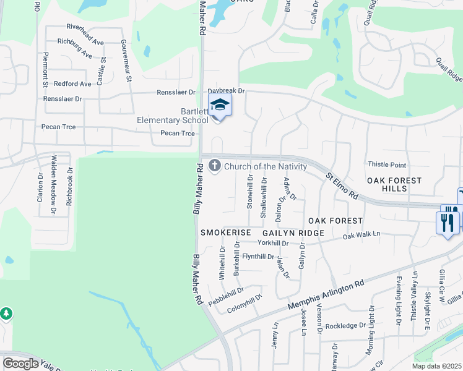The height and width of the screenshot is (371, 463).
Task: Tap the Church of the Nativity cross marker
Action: pos(215,165)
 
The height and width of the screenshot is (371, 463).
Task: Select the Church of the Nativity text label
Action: pos(266,166)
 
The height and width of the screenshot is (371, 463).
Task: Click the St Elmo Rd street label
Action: pos(342,185)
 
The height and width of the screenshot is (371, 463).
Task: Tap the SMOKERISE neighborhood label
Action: pos(225,232)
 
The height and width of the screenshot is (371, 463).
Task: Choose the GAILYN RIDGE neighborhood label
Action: pos(293,232)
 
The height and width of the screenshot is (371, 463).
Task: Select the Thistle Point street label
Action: pos(387,164)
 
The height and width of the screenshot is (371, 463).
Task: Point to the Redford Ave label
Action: pos(72,83)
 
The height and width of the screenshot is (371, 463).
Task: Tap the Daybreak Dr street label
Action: pos(227,91)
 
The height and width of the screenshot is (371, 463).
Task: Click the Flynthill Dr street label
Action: pos(258,256)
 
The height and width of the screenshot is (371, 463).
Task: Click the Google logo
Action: pos(20,364)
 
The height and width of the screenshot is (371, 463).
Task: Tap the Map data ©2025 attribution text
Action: pos(436,365)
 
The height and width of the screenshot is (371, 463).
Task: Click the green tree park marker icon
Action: pos(6,314)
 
